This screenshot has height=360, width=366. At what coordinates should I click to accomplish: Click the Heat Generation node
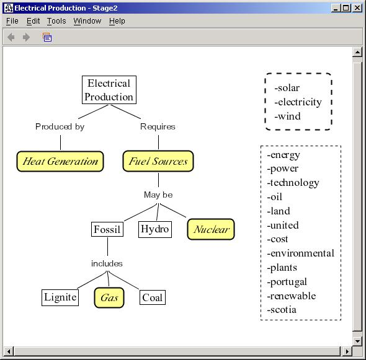60,161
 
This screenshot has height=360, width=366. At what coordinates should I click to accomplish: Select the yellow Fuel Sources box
158,161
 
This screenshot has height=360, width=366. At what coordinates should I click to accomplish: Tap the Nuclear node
211,229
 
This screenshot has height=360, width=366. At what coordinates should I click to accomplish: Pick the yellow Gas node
109,297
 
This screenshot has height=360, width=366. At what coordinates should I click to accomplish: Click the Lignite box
60,297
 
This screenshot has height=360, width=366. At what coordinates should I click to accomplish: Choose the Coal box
153,297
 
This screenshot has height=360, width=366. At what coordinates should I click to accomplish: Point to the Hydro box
155,229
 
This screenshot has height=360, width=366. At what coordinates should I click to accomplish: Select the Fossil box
107,229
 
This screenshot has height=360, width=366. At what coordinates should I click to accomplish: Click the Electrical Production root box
109,90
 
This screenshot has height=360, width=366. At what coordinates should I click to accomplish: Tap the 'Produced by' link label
60,126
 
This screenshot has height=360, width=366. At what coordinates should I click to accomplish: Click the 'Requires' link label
158,126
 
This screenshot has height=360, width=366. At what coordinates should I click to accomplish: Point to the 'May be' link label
158,195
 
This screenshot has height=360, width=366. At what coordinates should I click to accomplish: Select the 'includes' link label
107,263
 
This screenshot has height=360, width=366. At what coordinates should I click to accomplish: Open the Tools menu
56,21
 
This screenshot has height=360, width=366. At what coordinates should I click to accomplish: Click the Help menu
117,21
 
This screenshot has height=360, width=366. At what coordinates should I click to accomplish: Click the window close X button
357,8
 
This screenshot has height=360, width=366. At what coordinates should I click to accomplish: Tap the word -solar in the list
287,88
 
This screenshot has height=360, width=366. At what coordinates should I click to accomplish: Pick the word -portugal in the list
287,282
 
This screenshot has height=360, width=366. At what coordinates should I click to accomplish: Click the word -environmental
301,253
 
